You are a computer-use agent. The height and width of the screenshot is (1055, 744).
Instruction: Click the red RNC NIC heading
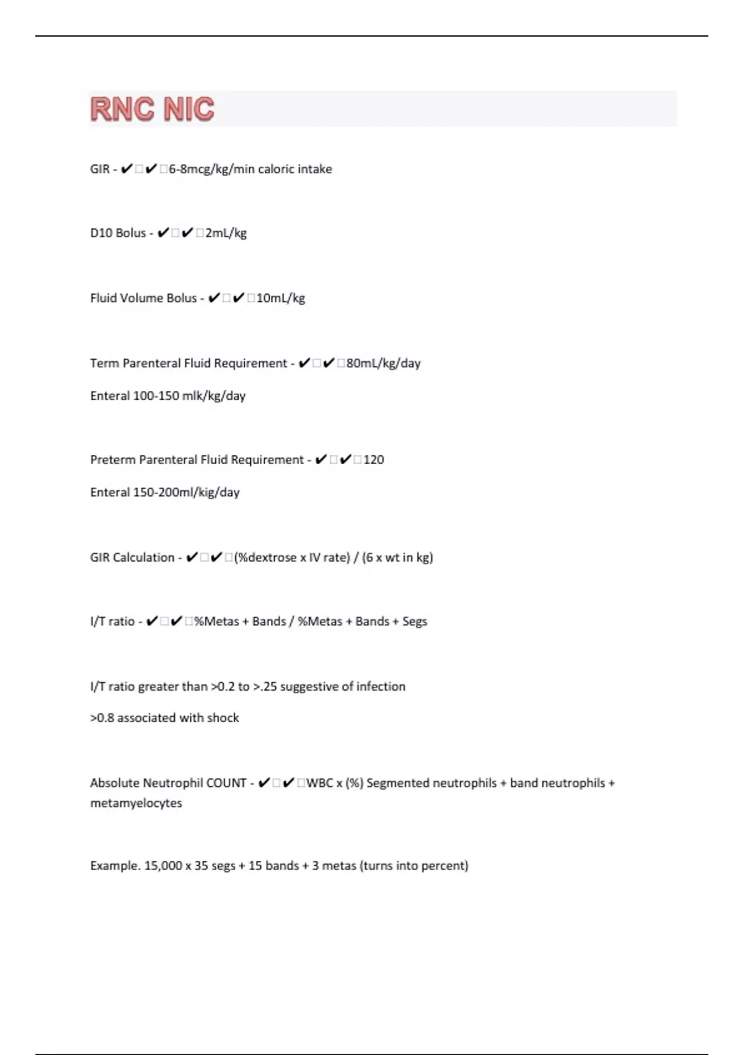pos(153,109)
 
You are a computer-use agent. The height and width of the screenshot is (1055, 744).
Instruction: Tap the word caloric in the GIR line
pos(276,169)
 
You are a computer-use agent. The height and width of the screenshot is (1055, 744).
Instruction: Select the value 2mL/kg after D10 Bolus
pos(226,233)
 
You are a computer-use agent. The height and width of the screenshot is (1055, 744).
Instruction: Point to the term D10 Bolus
pos(118,233)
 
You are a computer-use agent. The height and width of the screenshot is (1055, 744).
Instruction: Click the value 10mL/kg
pos(280,299)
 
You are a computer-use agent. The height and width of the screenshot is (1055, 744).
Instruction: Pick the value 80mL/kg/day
pos(383,364)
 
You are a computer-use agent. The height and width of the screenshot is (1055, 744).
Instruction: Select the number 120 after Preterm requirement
pos(373,460)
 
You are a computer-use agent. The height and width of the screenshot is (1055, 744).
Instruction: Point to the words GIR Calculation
pos(132,557)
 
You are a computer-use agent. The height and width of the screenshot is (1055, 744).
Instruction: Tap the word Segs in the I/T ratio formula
pos(415,621)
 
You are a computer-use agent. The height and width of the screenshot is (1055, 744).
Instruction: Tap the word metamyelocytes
pos(136,803)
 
